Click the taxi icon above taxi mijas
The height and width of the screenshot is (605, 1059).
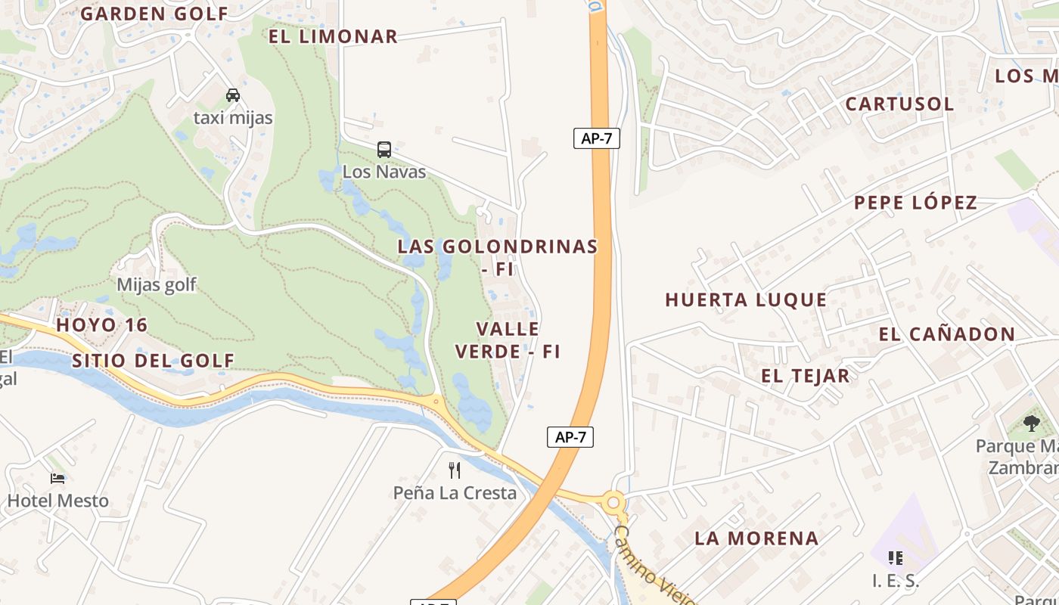point(233,95)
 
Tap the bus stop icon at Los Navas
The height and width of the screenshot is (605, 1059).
point(384,149)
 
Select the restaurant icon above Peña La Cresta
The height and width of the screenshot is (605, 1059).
point(455,470)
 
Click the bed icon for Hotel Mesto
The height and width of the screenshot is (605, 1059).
point(57,478)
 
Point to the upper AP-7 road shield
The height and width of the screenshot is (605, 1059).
point(596,138)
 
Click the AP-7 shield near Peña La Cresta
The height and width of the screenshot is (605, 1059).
point(570,436)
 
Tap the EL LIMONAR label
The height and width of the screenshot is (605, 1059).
point(333,36)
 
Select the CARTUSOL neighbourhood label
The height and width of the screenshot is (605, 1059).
point(899,104)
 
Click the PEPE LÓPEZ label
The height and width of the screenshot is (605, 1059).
point(915,203)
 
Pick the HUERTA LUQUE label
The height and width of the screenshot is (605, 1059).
point(746,299)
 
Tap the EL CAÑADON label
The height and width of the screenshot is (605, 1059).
point(947,334)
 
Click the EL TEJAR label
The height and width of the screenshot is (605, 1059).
point(805,376)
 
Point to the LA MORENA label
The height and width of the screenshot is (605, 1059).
point(756,538)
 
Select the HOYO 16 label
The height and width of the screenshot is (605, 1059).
point(102,325)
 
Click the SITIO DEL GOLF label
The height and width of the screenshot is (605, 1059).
point(154,361)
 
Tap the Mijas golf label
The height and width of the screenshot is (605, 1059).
point(156,284)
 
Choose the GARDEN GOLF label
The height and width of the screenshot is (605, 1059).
point(154,14)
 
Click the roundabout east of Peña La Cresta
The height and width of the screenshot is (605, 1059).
point(613,501)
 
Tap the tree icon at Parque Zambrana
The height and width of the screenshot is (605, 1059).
point(1031,423)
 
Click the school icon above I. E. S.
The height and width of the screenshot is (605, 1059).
point(896,558)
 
